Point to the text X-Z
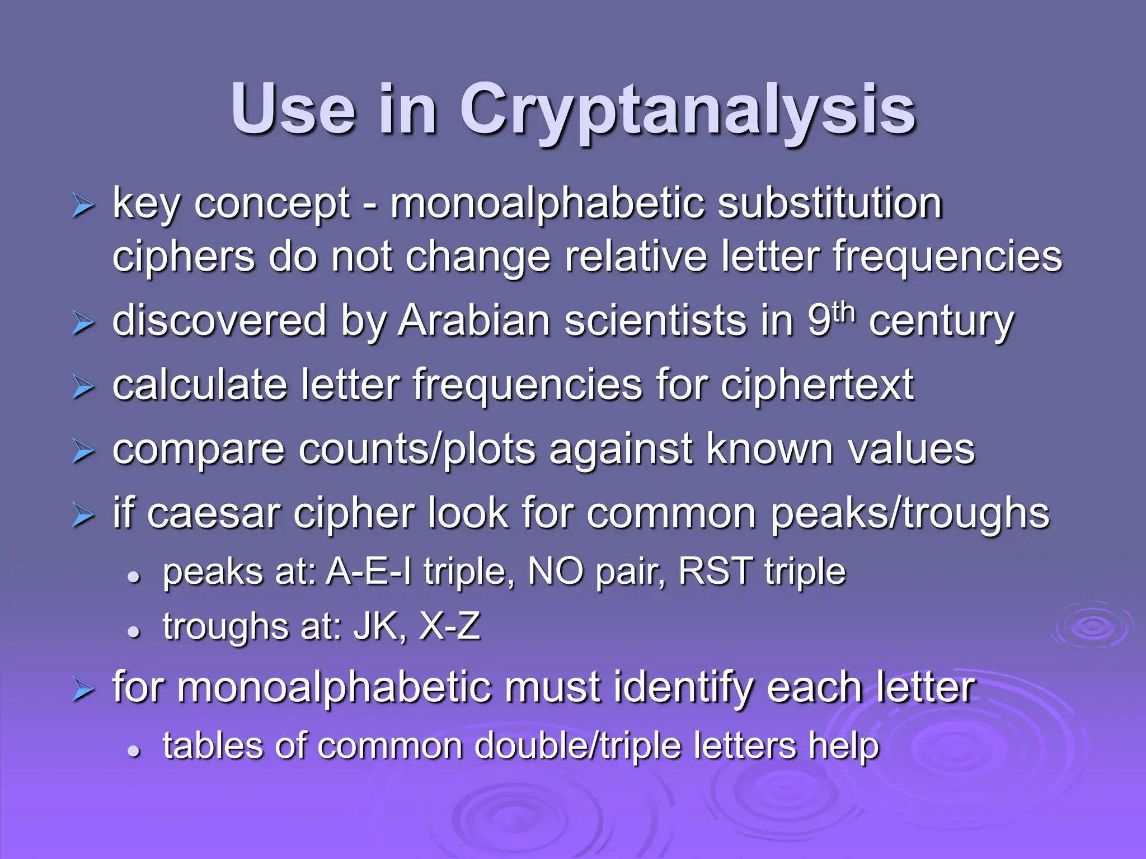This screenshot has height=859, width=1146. tap(449, 626)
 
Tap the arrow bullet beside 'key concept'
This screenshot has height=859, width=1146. tap(83, 207)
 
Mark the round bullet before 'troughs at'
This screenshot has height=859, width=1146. tap(133, 631)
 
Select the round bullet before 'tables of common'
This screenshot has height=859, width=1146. tap(133, 751)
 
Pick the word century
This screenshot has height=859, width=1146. tap(941, 322)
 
